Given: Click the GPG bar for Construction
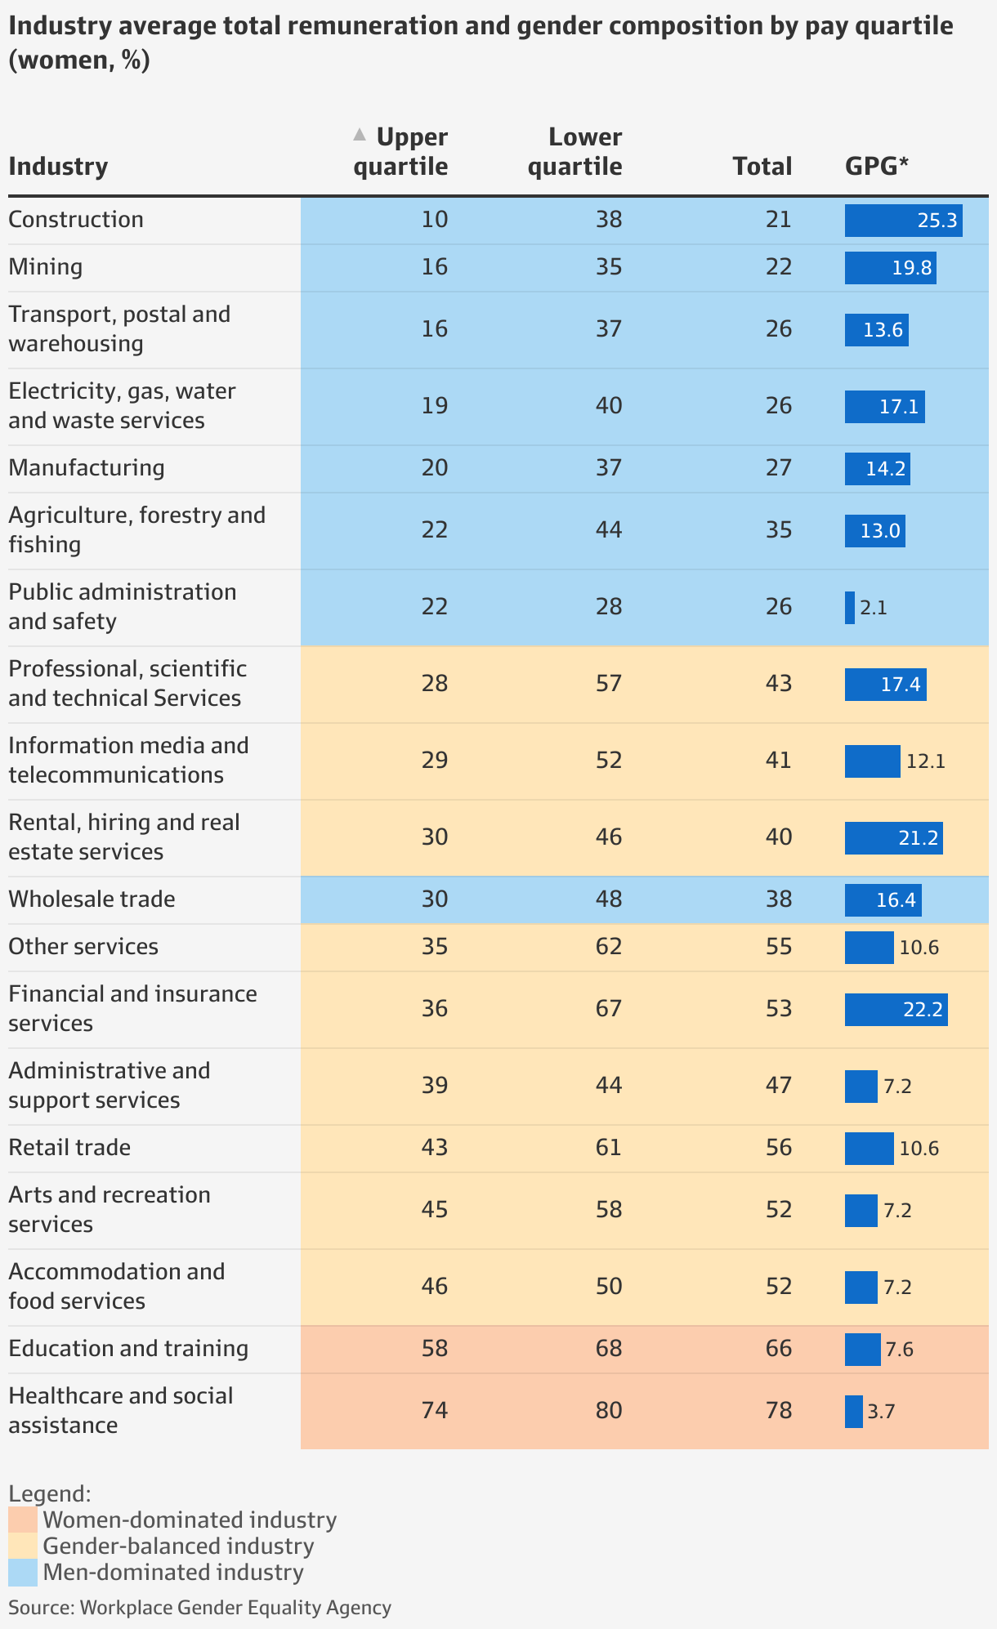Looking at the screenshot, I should tap(903, 221).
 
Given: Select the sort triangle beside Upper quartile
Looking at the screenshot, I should tap(359, 135).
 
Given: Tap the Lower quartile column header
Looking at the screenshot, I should tap(575, 152).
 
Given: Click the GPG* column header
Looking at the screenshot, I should tap(877, 167).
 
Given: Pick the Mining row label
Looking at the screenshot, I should tap(46, 267).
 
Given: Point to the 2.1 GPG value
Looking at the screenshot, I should tap(873, 608).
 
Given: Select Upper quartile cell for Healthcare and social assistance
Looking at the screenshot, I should tap(435, 1411).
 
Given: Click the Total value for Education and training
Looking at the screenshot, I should tap(779, 1349).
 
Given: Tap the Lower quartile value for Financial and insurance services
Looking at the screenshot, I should tap(609, 1009).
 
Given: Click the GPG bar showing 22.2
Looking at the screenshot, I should tap(896, 1010).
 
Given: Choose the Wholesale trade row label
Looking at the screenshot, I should tap(92, 899).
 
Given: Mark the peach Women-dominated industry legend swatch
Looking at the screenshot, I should tap(23, 1520).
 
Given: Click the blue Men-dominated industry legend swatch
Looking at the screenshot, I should tap(23, 1573).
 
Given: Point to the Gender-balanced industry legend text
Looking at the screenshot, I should tap(178, 1546).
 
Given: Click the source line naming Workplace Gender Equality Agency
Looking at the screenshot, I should tap(199, 1608).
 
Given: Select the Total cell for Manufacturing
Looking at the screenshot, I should tap(779, 468).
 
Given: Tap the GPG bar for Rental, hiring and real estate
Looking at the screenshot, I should tap(893, 838).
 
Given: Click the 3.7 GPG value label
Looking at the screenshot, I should tap(881, 1412).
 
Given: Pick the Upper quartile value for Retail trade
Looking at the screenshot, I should tap(435, 1148).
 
